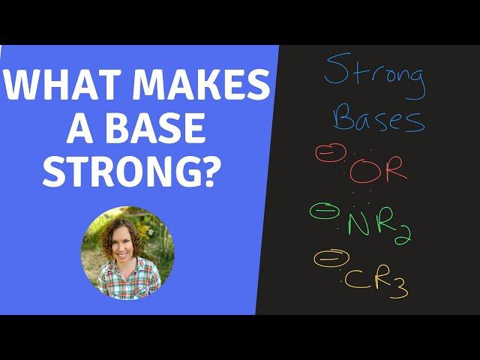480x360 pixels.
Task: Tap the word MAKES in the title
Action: (x=200, y=84)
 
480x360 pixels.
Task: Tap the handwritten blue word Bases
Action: (x=379, y=118)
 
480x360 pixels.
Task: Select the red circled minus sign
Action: (x=331, y=152)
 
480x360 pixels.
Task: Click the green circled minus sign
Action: (x=325, y=211)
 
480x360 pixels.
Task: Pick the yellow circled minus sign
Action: (x=331, y=259)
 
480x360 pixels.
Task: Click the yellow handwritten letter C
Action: (x=355, y=279)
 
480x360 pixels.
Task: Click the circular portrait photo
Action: (x=127, y=253)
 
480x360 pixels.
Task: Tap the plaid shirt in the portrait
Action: (x=128, y=280)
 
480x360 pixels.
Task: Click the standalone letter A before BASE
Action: (x=80, y=128)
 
